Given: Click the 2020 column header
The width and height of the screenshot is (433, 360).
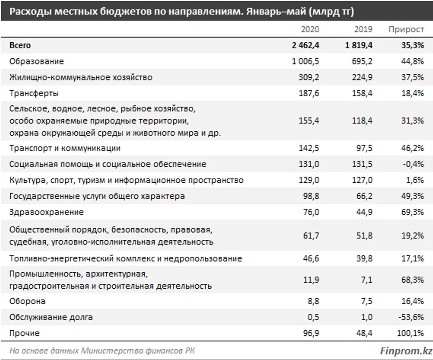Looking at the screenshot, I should click(x=310, y=29).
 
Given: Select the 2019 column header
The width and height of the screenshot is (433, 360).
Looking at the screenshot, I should click(x=363, y=29).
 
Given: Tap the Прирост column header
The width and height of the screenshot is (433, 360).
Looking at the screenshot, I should click(x=406, y=29).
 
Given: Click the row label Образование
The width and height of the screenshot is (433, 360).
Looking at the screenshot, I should click(x=37, y=62).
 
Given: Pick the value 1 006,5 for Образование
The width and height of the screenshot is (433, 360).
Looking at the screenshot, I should click(x=305, y=62).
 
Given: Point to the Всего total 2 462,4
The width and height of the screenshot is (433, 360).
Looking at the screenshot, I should click(x=305, y=45).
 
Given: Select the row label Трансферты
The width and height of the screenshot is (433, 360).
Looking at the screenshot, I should click(x=34, y=93).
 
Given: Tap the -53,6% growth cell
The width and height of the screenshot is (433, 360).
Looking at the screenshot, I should click(x=412, y=317).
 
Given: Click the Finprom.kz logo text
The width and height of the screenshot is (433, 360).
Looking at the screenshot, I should click(x=406, y=351).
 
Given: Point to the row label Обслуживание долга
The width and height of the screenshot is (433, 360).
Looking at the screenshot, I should click(x=51, y=317).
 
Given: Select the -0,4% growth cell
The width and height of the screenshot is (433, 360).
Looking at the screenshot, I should click(x=414, y=164).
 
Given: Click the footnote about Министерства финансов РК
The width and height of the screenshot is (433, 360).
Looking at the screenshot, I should click(x=102, y=351).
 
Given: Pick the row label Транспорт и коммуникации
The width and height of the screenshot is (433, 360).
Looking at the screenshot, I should click(x=65, y=148).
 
